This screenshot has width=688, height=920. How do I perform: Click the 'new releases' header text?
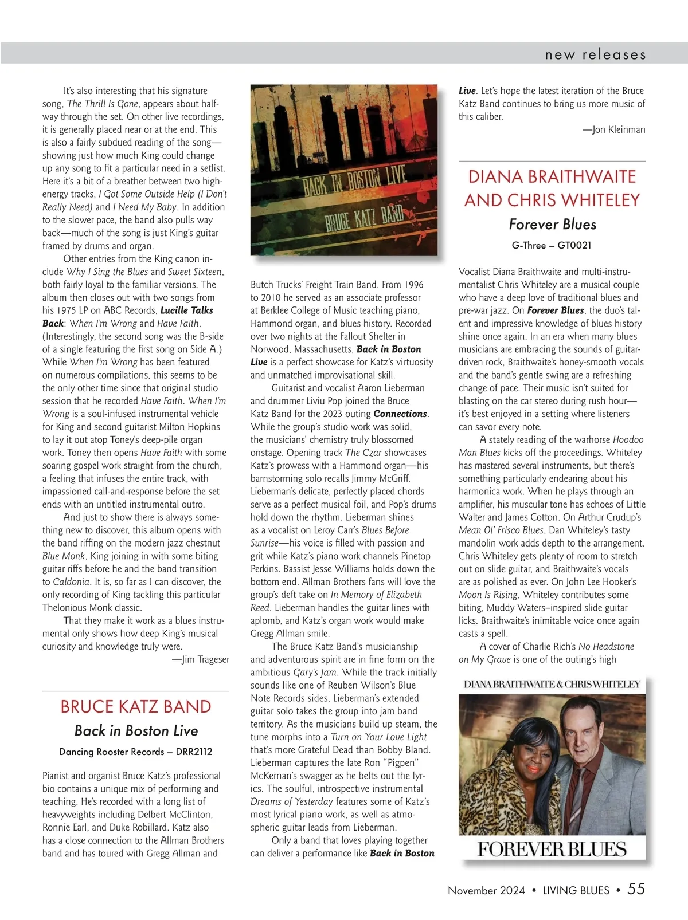(x=595, y=54)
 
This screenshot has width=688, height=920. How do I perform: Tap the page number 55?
(x=636, y=889)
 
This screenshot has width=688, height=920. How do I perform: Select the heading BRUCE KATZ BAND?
(x=136, y=706)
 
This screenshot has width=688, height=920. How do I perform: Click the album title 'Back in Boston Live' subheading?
(x=136, y=730)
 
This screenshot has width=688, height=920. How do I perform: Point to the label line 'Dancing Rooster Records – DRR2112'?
(x=136, y=752)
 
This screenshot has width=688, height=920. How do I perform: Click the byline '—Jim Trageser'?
(x=201, y=659)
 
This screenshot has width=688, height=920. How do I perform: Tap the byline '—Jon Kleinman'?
(x=614, y=129)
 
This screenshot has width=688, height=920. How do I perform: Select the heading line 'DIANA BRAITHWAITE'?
(x=552, y=176)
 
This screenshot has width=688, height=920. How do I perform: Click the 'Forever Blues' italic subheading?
(x=552, y=224)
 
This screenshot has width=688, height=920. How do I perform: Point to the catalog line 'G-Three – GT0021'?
(x=552, y=245)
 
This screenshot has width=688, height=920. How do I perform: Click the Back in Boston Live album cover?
(x=344, y=170)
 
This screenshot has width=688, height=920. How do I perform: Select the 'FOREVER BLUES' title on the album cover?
(x=552, y=849)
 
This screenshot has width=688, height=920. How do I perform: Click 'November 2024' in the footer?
(x=486, y=890)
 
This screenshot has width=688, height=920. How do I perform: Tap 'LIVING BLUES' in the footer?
(x=576, y=890)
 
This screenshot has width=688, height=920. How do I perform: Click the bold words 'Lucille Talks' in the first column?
(x=187, y=310)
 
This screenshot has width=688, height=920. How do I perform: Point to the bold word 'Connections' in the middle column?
(x=400, y=414)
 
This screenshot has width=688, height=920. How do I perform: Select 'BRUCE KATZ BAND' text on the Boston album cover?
(x=364, y=218)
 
